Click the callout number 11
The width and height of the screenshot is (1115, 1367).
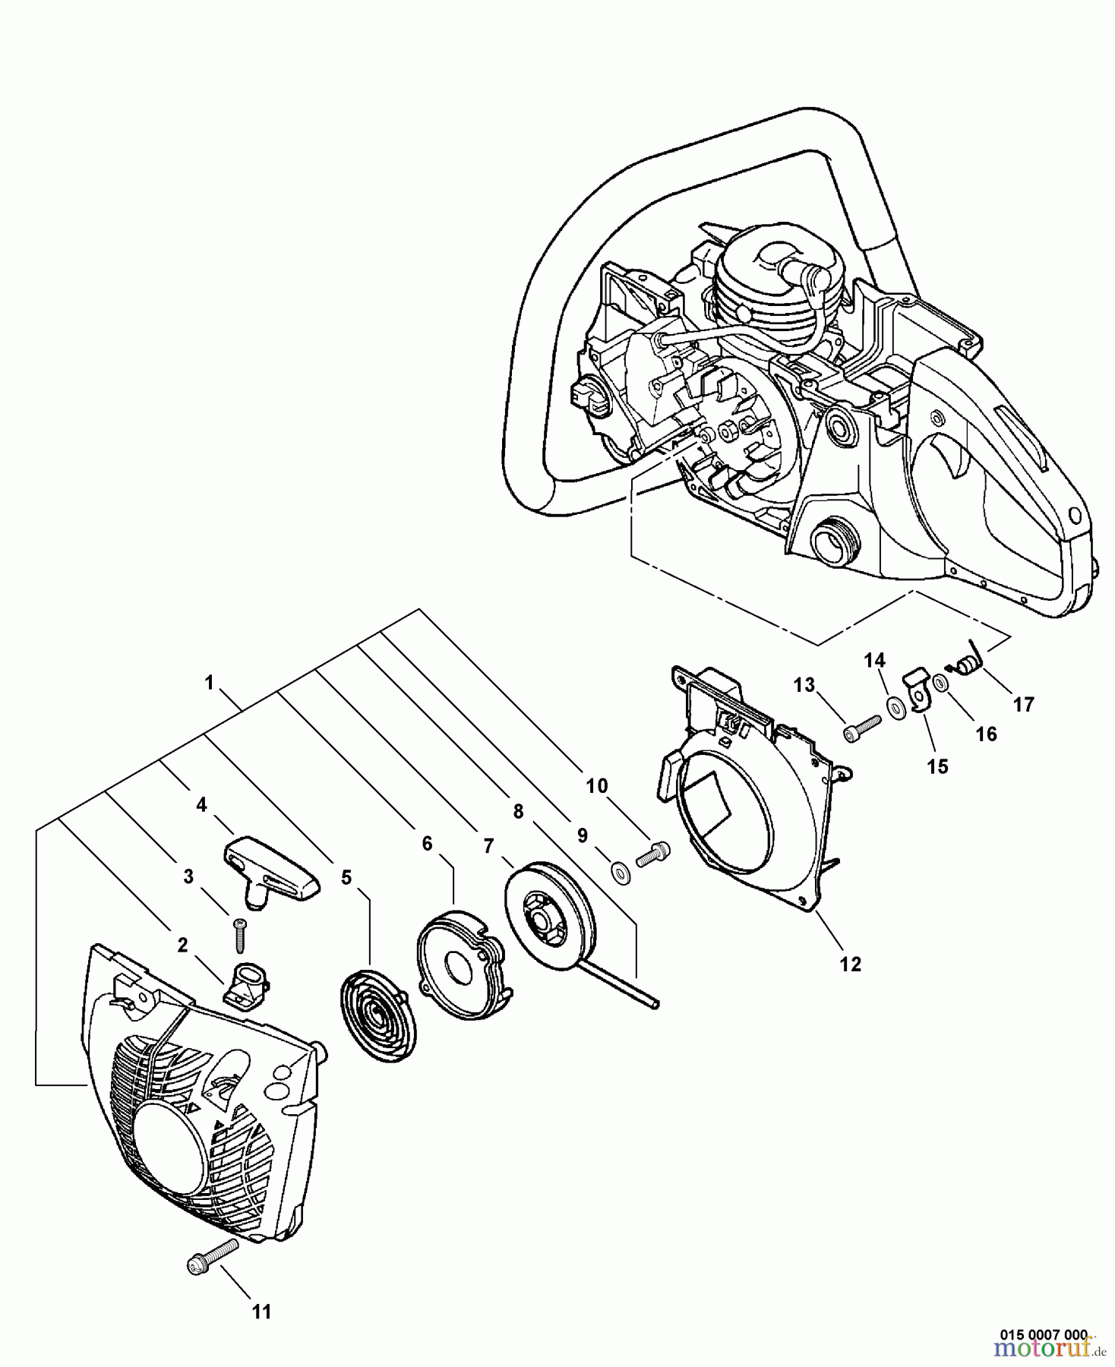(261, 1312)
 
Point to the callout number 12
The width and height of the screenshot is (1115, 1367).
(851, 964)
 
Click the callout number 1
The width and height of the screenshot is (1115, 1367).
(209, 683)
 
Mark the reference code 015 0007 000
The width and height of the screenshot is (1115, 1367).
(1044, 1334)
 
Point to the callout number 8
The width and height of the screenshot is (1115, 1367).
(518, 811)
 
